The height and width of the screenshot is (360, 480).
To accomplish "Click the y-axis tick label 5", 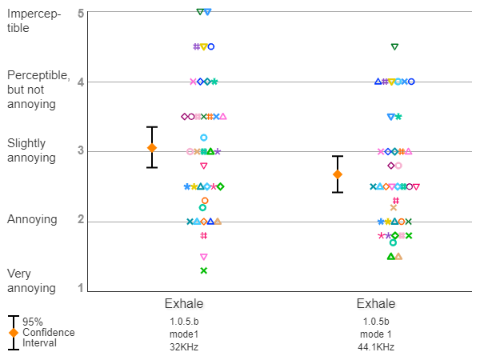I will pyautogui.click(x=82, y=14).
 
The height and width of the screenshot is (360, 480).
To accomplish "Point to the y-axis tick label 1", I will pyautogui.click(x=82, y=288).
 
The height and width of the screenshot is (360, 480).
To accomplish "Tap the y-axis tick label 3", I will pyautogui.click(x=82, y=151).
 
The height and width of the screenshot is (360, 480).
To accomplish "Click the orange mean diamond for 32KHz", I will pyautogui.click(x=152, y=148).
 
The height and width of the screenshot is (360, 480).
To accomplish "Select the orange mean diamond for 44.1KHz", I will pyautogui.click(x=338, y=174).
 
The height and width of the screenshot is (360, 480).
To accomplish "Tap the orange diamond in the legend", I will pyautogui.click(x=13, y=333).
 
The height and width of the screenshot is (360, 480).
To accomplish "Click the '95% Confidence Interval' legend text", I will pyautogui.click(x=48, y=332).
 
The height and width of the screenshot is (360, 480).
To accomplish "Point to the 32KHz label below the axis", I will pyautogui.click(x=184, y=347).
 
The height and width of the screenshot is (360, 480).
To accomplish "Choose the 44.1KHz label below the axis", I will pyautogui.click(x=376, y=347).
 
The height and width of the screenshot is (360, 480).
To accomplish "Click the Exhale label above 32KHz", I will pyautogui.click(x=184, y=304).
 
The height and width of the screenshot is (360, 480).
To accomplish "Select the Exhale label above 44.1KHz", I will pyautogui.click(x=376, y=304).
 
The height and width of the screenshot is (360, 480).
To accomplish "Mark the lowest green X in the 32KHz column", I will pyautogui.click(x=204, y=270).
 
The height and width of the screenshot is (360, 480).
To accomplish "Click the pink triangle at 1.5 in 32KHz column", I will pyautogui.click(x=204, y=257).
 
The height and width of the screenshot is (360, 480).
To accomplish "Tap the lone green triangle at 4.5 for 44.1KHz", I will pyautogui.click(x=394, y=46).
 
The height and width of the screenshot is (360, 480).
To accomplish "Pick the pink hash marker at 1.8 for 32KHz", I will pyautogui.click(x=204, y=235).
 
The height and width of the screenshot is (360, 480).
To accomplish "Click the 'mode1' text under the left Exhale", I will pyautogui.click(x=184, y=334).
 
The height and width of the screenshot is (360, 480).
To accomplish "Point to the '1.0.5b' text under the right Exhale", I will pyautogui.click(x=376, y=322).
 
